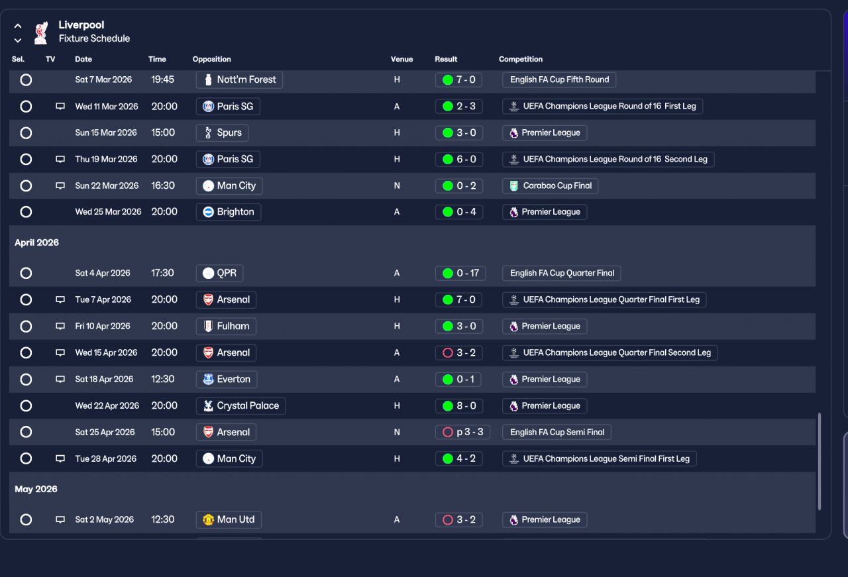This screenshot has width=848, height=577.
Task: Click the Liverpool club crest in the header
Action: pos(41,33)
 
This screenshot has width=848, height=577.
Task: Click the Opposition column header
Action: pos(211,59)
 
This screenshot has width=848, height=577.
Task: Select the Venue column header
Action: pos(401,59)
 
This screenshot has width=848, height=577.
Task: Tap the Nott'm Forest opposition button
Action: pos(239,80)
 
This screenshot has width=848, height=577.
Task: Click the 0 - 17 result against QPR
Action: pos(460,273)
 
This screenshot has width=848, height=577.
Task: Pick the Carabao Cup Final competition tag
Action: pos(550,186)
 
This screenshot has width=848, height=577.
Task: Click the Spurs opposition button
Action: pos(222,133)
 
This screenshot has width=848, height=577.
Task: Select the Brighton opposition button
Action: pos(229,212)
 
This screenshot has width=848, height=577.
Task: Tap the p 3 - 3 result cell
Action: pos(462,432)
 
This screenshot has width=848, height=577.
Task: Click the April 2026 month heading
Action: pos(36,242)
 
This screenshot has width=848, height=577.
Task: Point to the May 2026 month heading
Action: pos(36,489)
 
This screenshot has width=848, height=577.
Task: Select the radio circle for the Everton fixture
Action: pos(26,380)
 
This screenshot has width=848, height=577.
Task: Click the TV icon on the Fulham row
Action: pos(60,326)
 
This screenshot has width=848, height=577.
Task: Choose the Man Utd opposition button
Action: pos(229,520)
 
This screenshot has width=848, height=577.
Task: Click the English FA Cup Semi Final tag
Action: pos(556,432)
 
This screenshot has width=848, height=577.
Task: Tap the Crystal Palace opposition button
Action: pos(240,406)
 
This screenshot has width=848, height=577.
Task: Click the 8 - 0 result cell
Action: pos(459,406)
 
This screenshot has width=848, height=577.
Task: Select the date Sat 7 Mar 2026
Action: pos(103,80)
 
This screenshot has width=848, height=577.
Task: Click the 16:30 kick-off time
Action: pos(163,186)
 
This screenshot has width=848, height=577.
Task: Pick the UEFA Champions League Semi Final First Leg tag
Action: pos(600,459)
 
